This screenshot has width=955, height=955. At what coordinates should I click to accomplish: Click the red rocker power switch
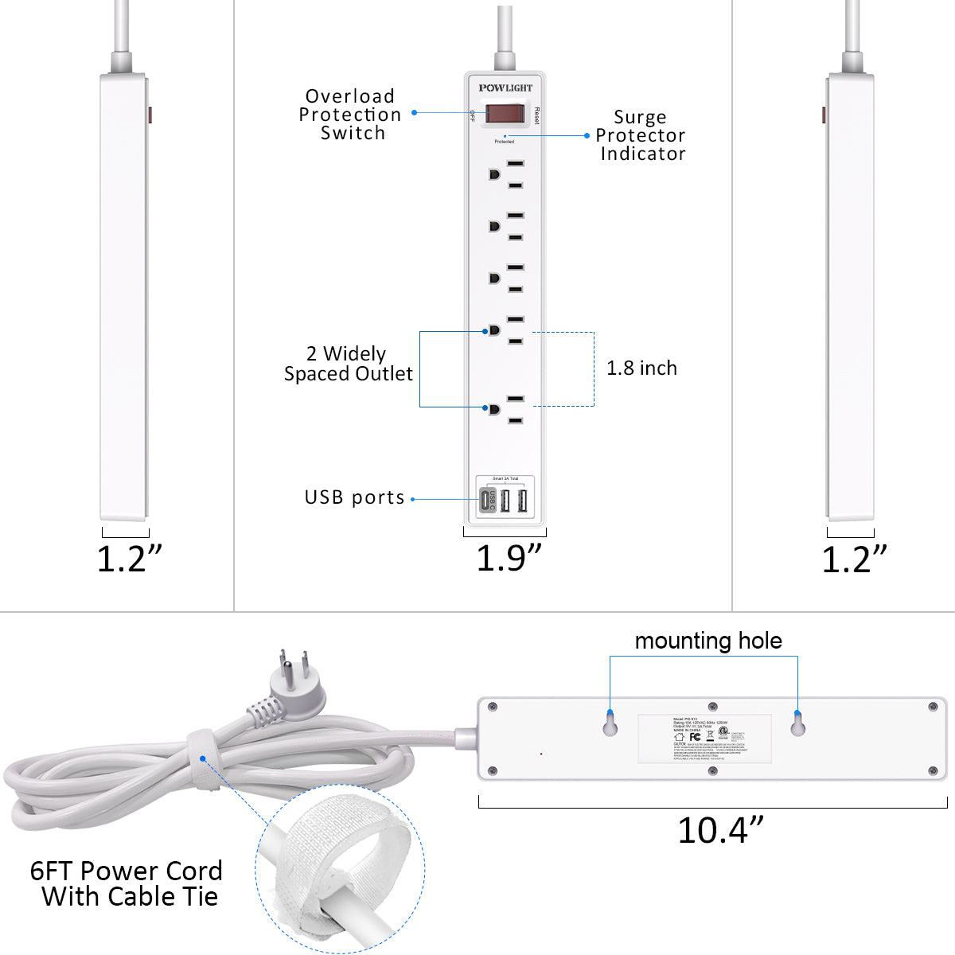[x=505, y=114]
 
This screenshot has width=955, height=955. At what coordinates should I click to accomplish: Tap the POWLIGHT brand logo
[x=505, y=88]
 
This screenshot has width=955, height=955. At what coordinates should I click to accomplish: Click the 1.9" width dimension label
[x=509, y=559]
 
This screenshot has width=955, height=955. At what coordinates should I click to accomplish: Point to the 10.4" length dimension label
[x=720, y=831]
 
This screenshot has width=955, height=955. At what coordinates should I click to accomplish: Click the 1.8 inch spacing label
[x=641, y=368]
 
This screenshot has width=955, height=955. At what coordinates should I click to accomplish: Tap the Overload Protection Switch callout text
[x=350, y=115]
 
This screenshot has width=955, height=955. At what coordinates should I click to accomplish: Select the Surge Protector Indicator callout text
[x=641, y=135]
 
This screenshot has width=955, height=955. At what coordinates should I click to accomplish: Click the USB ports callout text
[x=355, y=498]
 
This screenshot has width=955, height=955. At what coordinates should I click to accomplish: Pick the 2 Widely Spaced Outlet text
[x=349, y=364]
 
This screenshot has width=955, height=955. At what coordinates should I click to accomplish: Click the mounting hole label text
[x=708, y=641]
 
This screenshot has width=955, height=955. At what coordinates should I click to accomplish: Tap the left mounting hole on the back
[x=610, y=724]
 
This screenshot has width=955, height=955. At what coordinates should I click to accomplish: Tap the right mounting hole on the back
[x=797, y=724]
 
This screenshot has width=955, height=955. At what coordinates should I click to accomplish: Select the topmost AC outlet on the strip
[x=505, y=174]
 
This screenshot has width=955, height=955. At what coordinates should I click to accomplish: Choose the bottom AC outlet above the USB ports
[x=505, y=409]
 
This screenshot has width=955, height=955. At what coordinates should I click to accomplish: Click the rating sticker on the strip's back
[x=704, y=739]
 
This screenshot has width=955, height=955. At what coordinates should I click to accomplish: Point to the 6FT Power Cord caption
[x=127, y=883]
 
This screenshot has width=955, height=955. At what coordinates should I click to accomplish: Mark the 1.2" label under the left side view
[x=129, y=559]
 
